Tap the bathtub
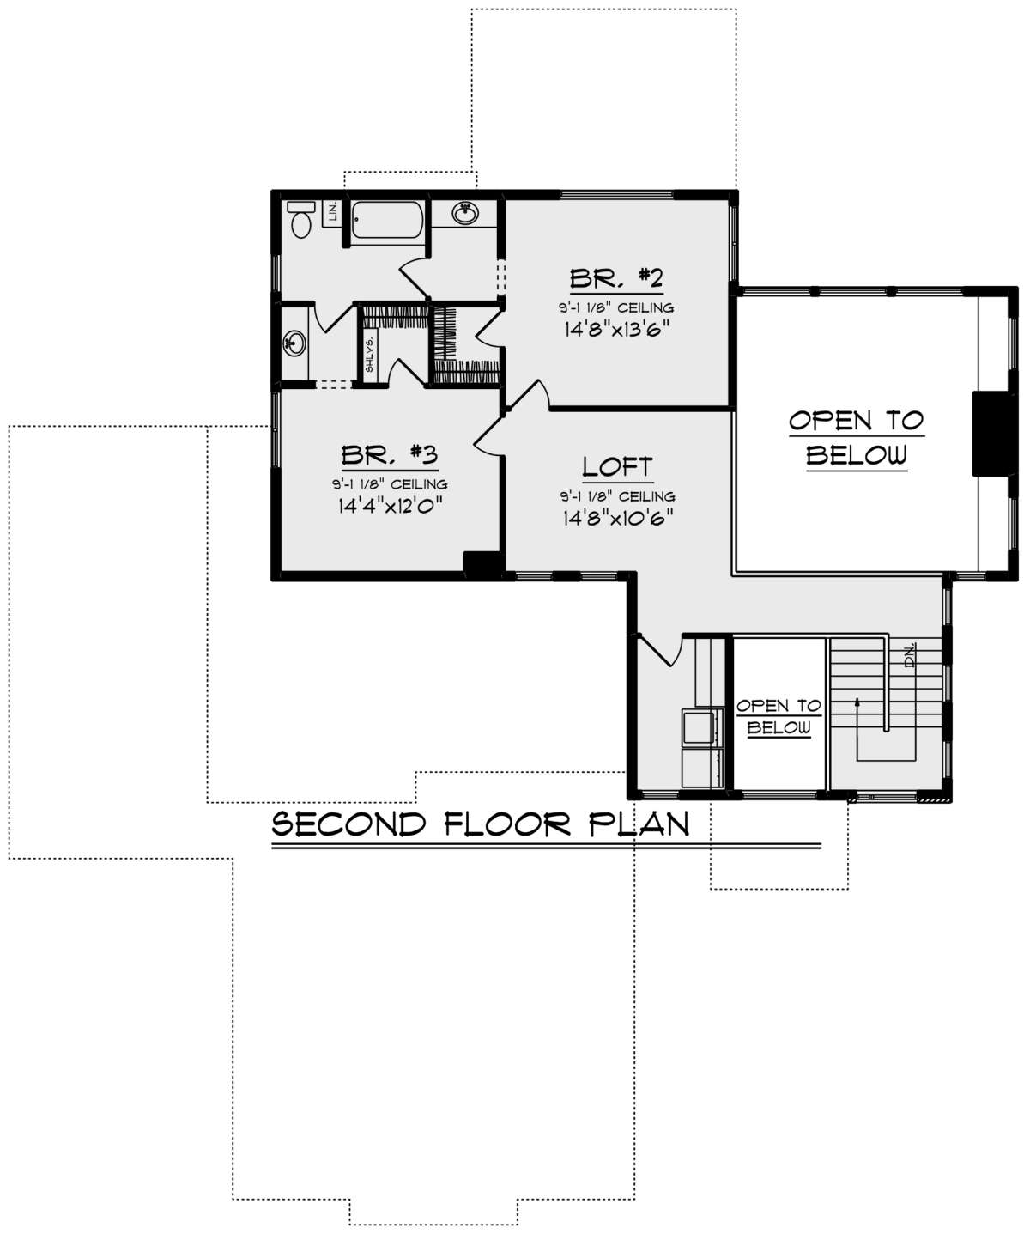[x=387, y=220]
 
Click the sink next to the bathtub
[x=466, y=213]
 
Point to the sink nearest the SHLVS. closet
[x=294, y=343]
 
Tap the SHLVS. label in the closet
[x=370, y=355]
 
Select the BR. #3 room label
[x=390, y=455]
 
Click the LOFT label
[x=617, y=467]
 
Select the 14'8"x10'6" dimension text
[x=618, y=518]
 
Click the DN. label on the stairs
[x=910, y=655]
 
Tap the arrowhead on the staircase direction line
[x=857, y=702]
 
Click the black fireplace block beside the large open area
[x=993, y=433]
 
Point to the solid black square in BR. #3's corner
[x=482, y=563]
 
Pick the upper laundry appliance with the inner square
[x=702, y=726]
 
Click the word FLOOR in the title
[x=507, y=824]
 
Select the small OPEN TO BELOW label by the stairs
[x=779, y=716]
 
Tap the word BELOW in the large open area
[x=857, y=455]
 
